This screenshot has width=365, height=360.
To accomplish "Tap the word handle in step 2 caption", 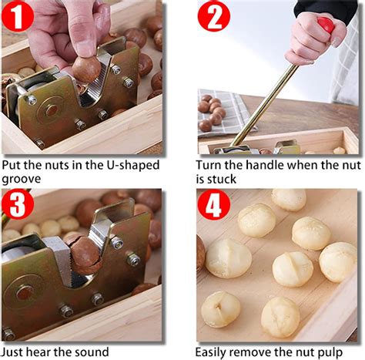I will pyautogui.click(x=273, y=165).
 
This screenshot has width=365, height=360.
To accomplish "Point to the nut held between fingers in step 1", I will pyautogui.click(x=86, y=69).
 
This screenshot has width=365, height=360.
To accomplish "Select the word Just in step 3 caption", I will pyautogui.click(x=15, y=352).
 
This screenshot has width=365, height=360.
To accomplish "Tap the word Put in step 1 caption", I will pyautogui.click(x=12, y=165).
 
